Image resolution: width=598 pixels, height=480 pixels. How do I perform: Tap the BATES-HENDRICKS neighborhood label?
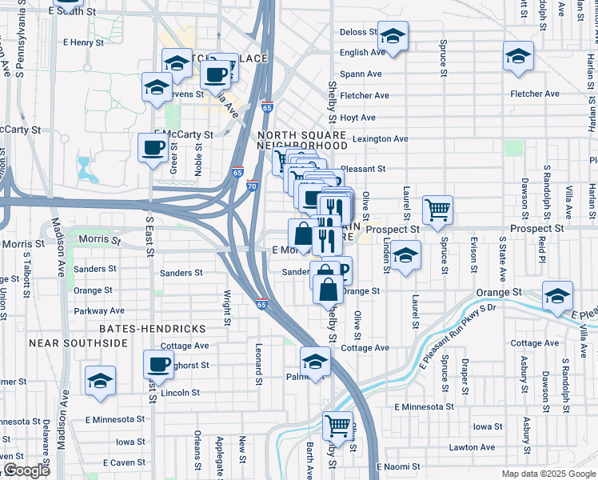152,329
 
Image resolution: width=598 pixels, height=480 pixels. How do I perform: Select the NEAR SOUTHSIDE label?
78,343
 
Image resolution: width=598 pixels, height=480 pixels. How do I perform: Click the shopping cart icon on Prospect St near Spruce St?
437,211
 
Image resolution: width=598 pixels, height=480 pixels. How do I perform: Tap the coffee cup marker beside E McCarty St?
153,147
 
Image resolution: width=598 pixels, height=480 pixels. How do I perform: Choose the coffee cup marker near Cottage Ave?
158,365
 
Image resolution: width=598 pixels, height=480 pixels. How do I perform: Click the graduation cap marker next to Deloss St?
393,37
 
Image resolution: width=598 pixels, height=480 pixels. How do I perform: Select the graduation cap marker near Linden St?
405,255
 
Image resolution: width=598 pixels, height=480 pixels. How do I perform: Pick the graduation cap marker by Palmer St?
315,362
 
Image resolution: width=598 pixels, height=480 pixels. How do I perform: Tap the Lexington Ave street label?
381,138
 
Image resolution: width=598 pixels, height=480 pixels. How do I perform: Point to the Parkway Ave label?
99,310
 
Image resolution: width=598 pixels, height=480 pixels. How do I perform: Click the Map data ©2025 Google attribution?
548,474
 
